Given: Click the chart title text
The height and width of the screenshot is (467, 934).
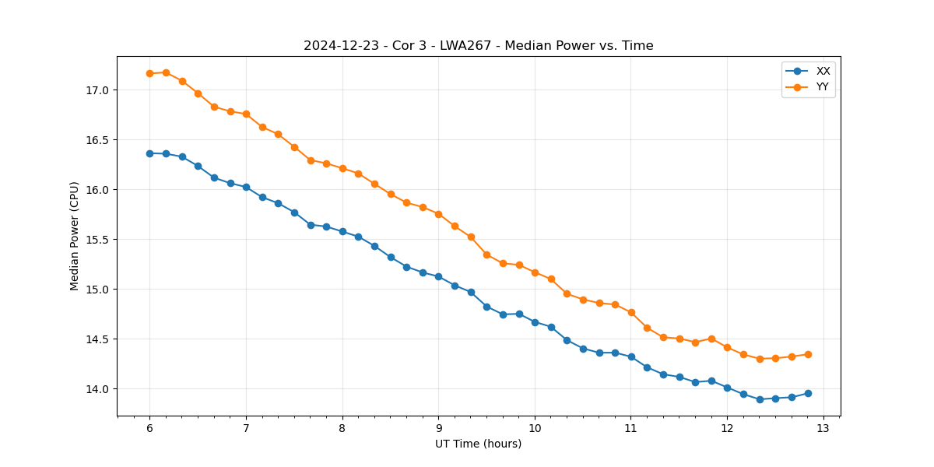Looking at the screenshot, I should coord(478,46).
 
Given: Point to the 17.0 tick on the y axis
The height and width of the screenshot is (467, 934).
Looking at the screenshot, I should coord(99,90).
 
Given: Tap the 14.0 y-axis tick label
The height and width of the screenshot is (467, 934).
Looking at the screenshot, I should coord(99,389).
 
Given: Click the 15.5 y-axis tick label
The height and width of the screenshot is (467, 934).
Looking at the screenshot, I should coord(99,240).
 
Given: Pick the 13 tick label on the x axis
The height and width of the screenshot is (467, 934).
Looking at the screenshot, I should coord(823,429).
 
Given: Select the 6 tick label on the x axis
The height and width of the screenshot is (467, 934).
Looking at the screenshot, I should coord(149,429).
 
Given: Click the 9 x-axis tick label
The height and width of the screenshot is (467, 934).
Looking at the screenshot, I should coord(438,429).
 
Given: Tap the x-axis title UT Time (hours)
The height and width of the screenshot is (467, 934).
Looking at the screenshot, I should coord(478,444).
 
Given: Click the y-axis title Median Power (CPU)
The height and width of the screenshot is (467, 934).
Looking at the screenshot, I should coord(75,236).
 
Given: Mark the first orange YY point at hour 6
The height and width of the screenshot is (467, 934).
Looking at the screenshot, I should coord(149,73).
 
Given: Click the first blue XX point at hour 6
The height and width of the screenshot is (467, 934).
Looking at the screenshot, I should coord(149,153).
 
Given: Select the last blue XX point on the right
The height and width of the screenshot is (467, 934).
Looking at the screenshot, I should coord(808,393).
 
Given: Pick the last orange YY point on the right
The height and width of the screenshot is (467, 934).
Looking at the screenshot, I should coord(808,354).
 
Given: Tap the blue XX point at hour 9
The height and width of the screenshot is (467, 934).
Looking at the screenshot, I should coord(438,276).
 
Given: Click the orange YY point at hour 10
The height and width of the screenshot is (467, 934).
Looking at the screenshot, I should coord(535,272).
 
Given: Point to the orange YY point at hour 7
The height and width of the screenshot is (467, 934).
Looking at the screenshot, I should coord(246,114).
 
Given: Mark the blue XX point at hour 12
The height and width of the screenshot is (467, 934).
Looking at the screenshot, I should coord(727,388).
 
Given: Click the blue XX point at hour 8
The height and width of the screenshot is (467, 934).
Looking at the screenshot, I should coord(342,231).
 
